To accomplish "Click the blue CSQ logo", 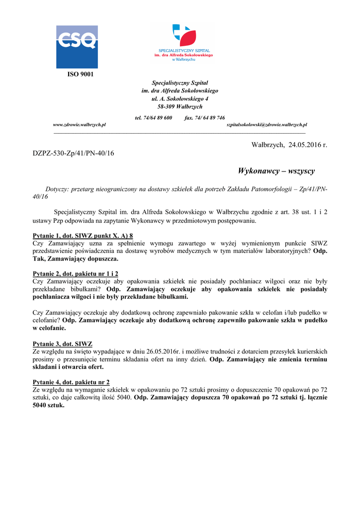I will [77, 47].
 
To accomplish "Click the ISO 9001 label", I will [80, 75].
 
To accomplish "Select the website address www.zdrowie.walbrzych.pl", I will [79, 125].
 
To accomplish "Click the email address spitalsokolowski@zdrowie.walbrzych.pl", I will [267, 125].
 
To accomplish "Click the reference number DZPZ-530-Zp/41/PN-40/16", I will [73, 153].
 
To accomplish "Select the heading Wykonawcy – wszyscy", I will [276, 171].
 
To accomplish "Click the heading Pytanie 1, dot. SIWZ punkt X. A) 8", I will [83, 236].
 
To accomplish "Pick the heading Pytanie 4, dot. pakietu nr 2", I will [71, 382].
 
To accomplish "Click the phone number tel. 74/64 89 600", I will [154, 118].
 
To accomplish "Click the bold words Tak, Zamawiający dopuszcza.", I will [76, 259].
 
